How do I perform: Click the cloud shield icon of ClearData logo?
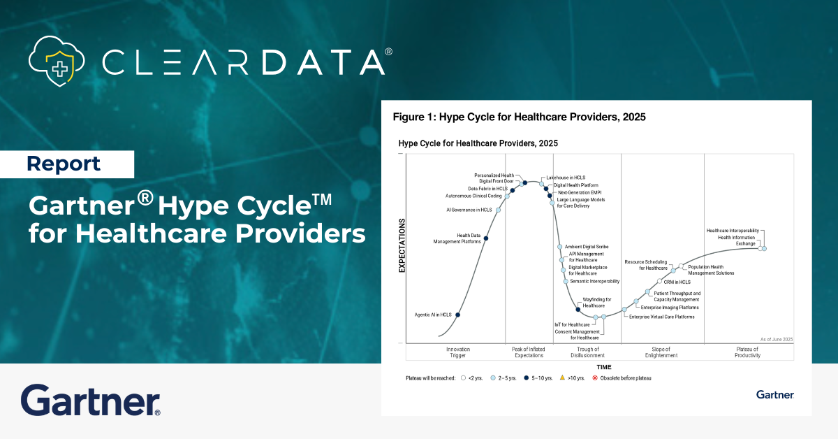59,61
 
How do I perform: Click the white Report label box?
67,164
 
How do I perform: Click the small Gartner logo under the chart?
774,395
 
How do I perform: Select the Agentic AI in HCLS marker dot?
458,315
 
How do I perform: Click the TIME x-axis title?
604,367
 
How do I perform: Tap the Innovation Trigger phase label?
458,352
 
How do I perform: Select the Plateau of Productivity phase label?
748,352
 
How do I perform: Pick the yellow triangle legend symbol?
562,377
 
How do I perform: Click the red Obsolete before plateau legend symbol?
595,377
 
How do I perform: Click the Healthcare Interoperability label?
732,231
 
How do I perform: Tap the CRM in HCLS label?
677,282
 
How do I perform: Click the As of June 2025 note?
777,339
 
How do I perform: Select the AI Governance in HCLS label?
469,210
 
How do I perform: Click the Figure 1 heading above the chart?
519,117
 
